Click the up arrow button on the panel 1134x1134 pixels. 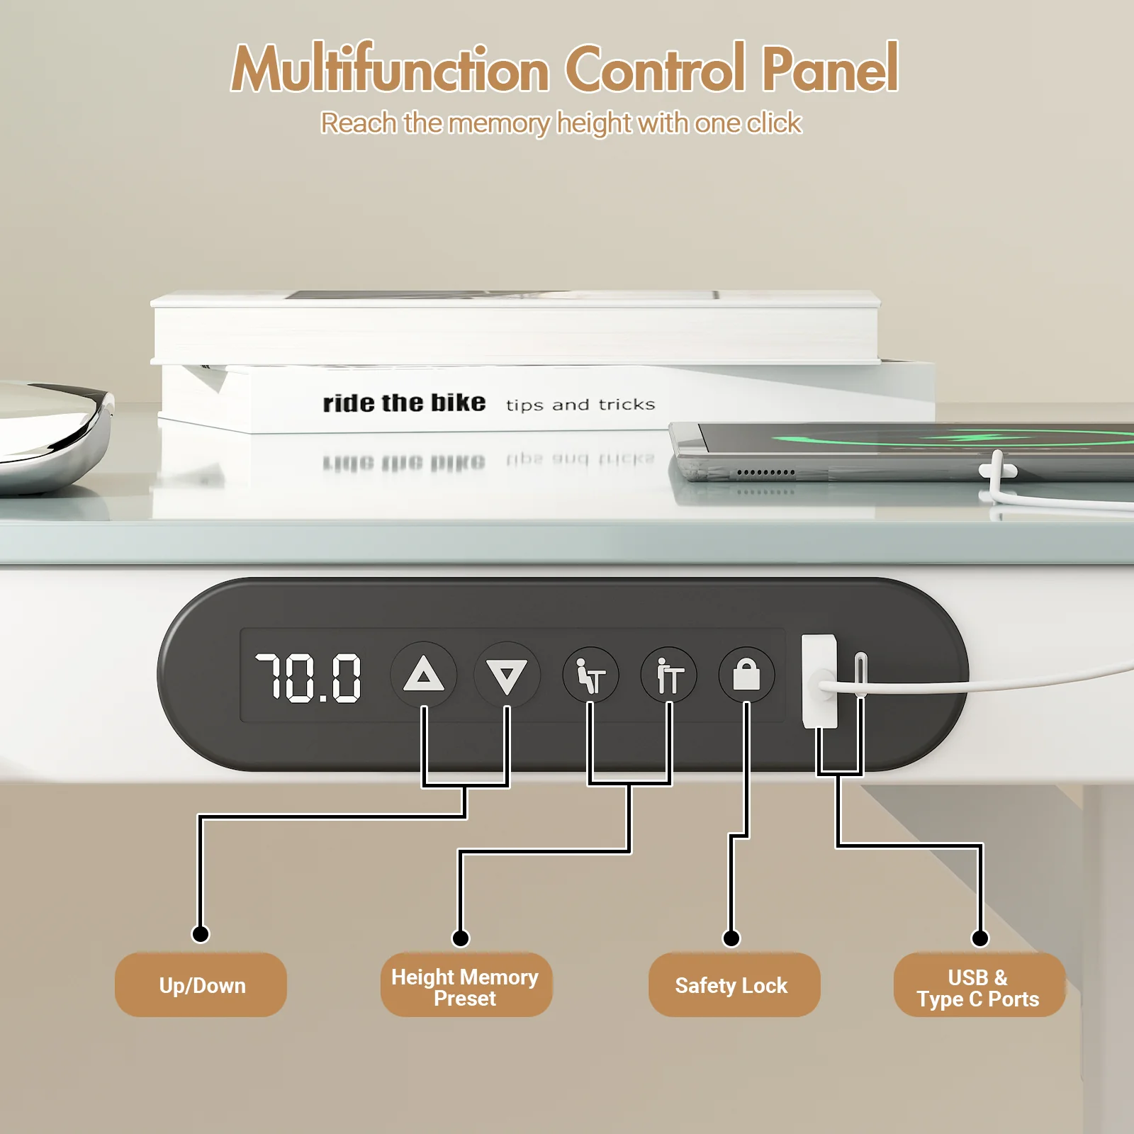point(424,674)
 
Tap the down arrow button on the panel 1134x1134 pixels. point(507,675)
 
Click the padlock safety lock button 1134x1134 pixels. point(746,675)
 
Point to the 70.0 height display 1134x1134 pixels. point(308,678)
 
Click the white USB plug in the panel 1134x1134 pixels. point(819,680)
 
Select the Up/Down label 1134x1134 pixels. point(201,985)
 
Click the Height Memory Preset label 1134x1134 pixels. point(466,987)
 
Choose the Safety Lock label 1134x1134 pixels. point(732,985)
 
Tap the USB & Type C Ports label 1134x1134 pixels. point(979,987)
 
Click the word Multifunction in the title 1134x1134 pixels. point(391,69)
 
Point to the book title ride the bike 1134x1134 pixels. point(404,403)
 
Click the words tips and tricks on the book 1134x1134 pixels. point(580,405)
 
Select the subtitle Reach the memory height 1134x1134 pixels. point(560,123)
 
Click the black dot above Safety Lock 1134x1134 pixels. point(731,938)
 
